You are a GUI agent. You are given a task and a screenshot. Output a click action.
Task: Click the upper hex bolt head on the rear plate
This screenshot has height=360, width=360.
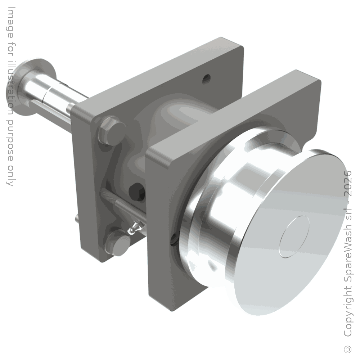click(112, 131)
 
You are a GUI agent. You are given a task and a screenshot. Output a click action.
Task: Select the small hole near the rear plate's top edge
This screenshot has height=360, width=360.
click(206, 79)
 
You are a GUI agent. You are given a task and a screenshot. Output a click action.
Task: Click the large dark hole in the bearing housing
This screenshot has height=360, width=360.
click(137, 192)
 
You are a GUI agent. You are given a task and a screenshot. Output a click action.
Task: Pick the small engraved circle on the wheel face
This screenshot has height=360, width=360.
click(294, 237)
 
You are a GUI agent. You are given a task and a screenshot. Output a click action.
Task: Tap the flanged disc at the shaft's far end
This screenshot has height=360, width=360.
click(37, 85)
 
